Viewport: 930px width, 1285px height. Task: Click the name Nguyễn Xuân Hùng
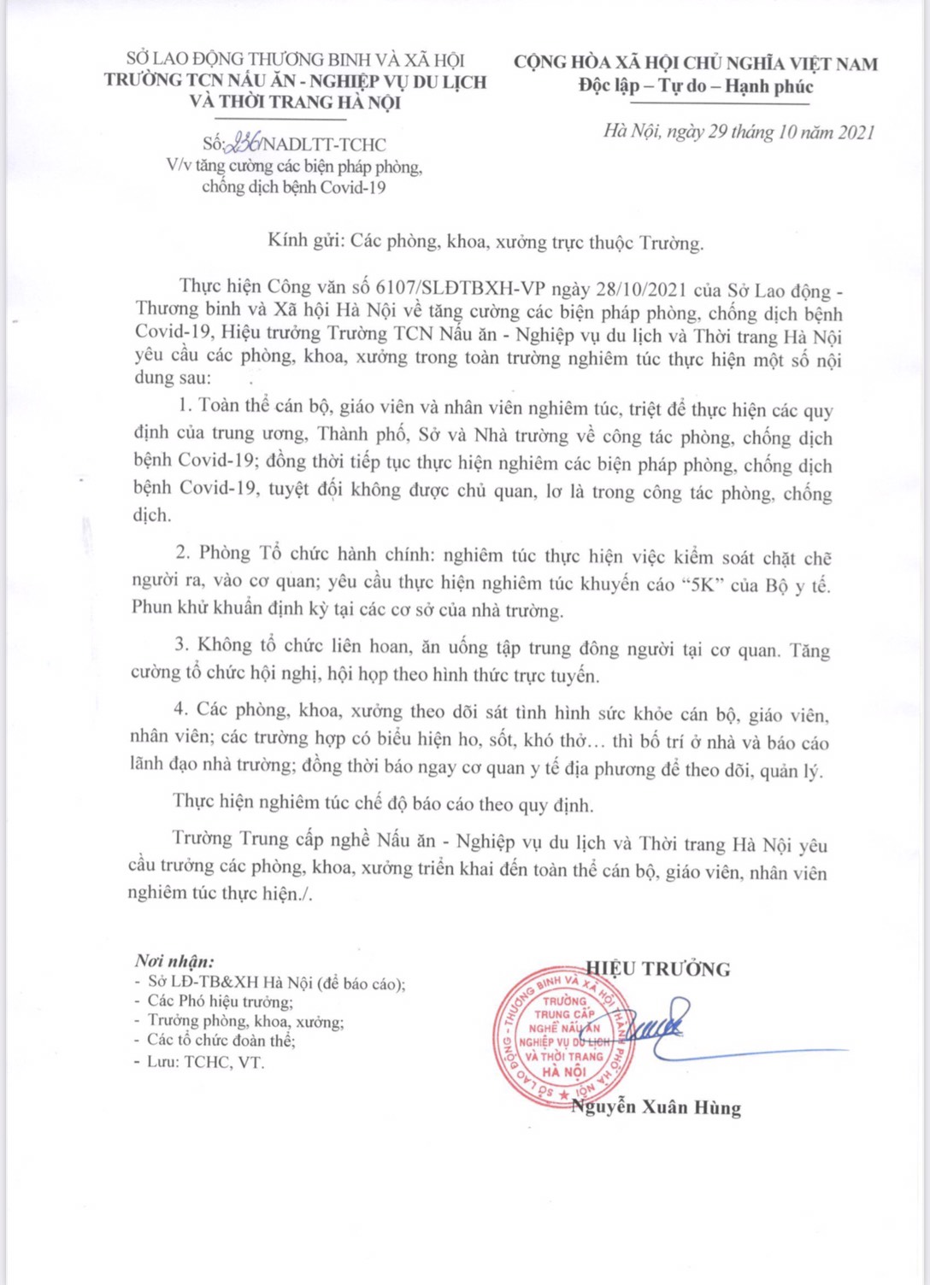pos(656,1107)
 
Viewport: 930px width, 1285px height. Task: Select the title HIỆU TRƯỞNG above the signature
pos(659,969)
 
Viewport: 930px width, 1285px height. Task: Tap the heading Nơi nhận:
pos(174,961)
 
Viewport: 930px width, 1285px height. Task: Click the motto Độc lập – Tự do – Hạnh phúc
pos(695,86)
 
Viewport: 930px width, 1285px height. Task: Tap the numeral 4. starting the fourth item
pos(181,709)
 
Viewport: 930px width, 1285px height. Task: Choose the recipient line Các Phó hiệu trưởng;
pos(220,1001)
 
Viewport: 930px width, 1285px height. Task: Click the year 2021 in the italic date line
pos(856,132)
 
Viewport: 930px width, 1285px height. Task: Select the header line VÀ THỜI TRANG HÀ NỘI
pos(295,102)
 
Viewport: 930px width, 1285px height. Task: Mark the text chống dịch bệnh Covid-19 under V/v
pos(293,187)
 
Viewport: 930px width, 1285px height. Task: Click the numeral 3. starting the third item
pos(181,645)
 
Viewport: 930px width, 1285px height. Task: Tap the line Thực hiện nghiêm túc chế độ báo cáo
pos(382,804)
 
